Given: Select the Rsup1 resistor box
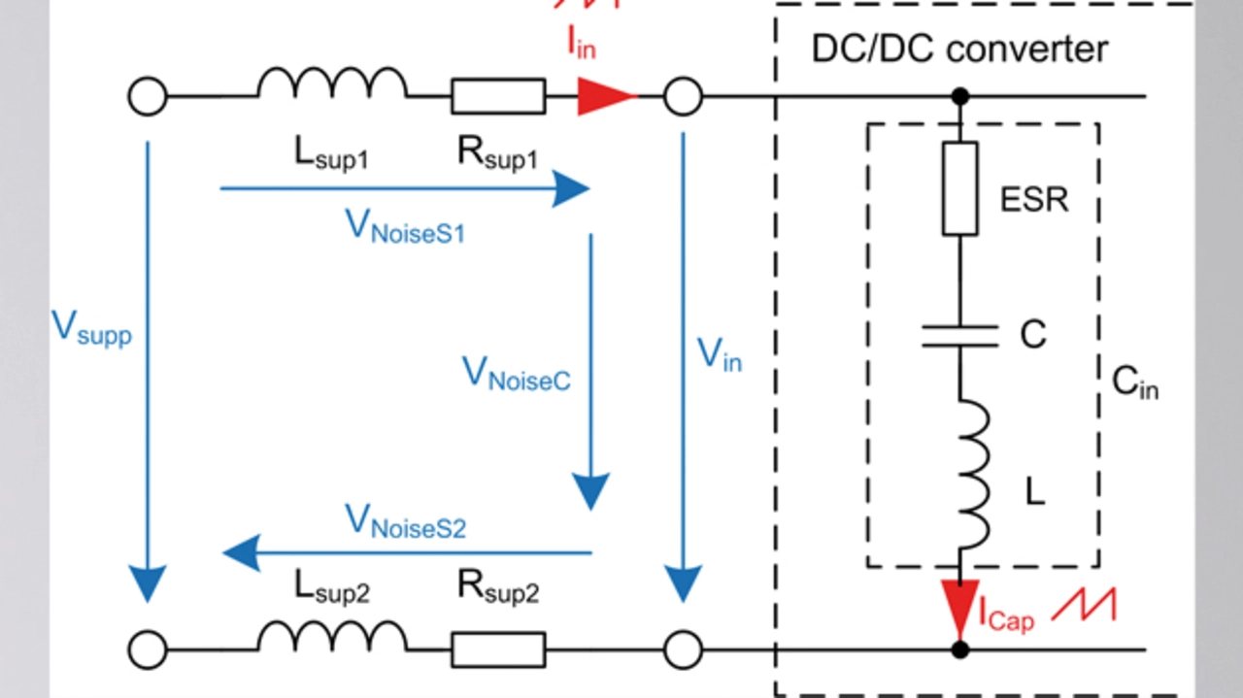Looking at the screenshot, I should tap(497, 96).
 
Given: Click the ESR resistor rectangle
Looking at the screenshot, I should tap(960, 187).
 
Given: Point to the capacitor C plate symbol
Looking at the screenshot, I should tap(960, 336).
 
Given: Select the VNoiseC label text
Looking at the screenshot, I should tap(516, 374).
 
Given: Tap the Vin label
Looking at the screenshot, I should tap(720, 355).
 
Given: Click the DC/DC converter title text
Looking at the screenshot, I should tap(958, 49).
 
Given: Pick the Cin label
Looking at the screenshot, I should tap(1134, 384).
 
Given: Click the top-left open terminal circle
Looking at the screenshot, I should tap(148, 97).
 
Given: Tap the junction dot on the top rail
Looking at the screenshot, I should tap(960, 96).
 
